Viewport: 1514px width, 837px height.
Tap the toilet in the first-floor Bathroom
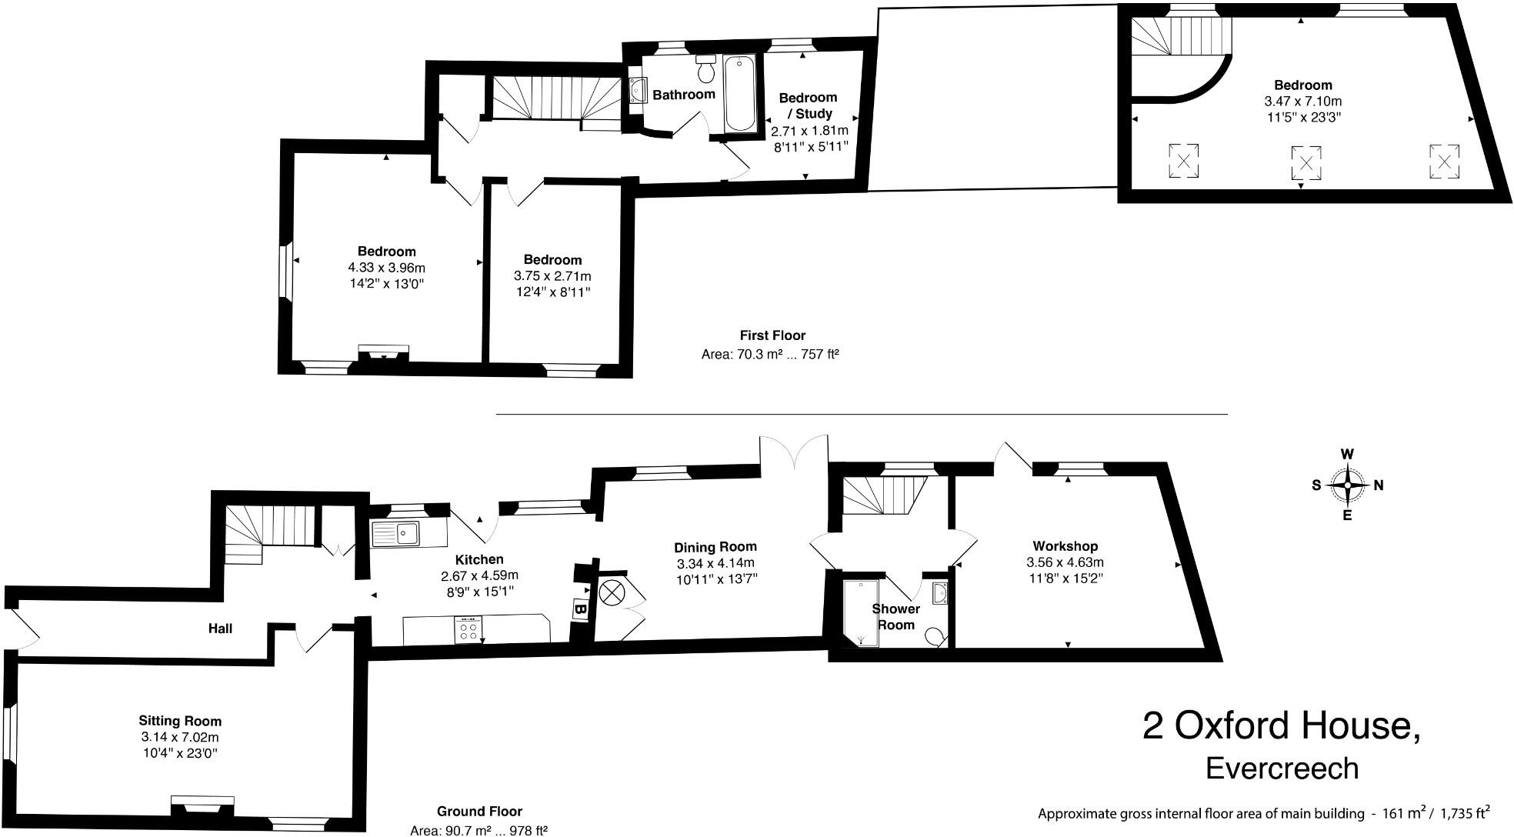pos(705,70)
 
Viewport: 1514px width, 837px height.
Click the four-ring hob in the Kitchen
pos(468,630)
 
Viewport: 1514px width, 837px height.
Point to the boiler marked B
pos(582,609)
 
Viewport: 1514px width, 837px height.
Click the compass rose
pos(1347,485)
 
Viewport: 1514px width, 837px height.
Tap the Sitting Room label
pos(180,721)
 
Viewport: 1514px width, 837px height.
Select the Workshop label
pos(1065,546)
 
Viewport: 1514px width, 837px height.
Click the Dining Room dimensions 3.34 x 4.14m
pos(715,563)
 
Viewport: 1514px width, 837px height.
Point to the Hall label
pos(220,629)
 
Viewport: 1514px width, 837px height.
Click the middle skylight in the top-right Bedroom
pos(1306,163)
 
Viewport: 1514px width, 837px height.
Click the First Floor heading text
pos(772,335)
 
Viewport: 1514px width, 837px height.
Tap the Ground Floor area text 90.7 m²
pos(479,829)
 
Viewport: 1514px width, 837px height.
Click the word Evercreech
pos(1282,769)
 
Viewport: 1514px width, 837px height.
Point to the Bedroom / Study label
pos(807,105)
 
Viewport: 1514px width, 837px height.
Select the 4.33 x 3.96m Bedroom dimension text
pos(386,268)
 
